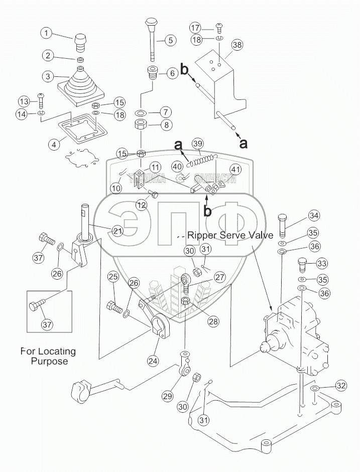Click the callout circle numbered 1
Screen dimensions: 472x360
pos(47,34)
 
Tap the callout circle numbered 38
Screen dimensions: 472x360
pos(237,45)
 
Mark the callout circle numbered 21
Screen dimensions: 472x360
pos(117,231)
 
